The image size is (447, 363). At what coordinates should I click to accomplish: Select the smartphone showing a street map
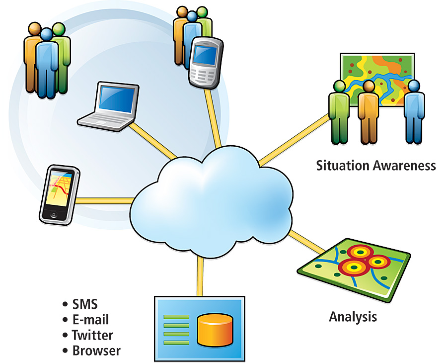pyautogui.click(x=59, y=194)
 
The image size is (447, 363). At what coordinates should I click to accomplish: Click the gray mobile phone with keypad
pyautogui.click(x=204, y=62)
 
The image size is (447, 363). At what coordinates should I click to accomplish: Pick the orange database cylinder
pyautogui.click(x=215, y=329)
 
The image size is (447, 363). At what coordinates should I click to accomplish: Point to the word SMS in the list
pyautogui.click(x=85, y=304)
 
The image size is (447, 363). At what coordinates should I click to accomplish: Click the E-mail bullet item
pyautogui.click(x=90, y=319)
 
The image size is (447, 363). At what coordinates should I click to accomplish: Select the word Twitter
pyautogui.click(x=92, y=335)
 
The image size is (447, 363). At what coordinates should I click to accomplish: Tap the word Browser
pyautogui.click(x=96, y=350)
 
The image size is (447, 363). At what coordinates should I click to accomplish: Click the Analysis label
pyautogui.click(x=353, y=316)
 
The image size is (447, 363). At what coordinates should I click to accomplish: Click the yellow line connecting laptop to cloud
pyautogui.click(x=151, y=139)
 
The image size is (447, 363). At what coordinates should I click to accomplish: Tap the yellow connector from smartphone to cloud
pyautogui.click(x=104, y=200)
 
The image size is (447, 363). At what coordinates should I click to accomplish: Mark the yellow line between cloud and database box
pyautogui.click(x=200, y=277)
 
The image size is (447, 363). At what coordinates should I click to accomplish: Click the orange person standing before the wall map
pyautogui.click(x=368, y=112)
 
